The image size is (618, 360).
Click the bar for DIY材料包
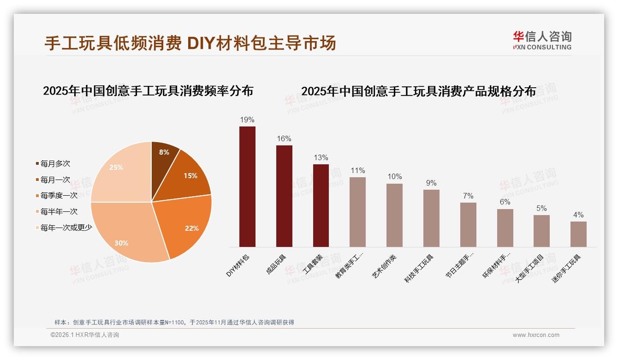point(247,186)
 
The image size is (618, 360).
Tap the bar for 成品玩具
point(284,196)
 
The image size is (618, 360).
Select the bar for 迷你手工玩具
point(578,234)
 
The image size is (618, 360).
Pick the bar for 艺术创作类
point(394,215)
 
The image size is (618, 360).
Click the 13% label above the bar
point(321,158)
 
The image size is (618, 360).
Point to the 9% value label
point(431,183)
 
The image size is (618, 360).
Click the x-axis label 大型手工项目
point(530,268)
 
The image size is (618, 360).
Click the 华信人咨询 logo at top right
point(542,40)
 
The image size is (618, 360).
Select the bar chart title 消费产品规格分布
point(418,91)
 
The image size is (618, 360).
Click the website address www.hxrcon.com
point(535,335)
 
